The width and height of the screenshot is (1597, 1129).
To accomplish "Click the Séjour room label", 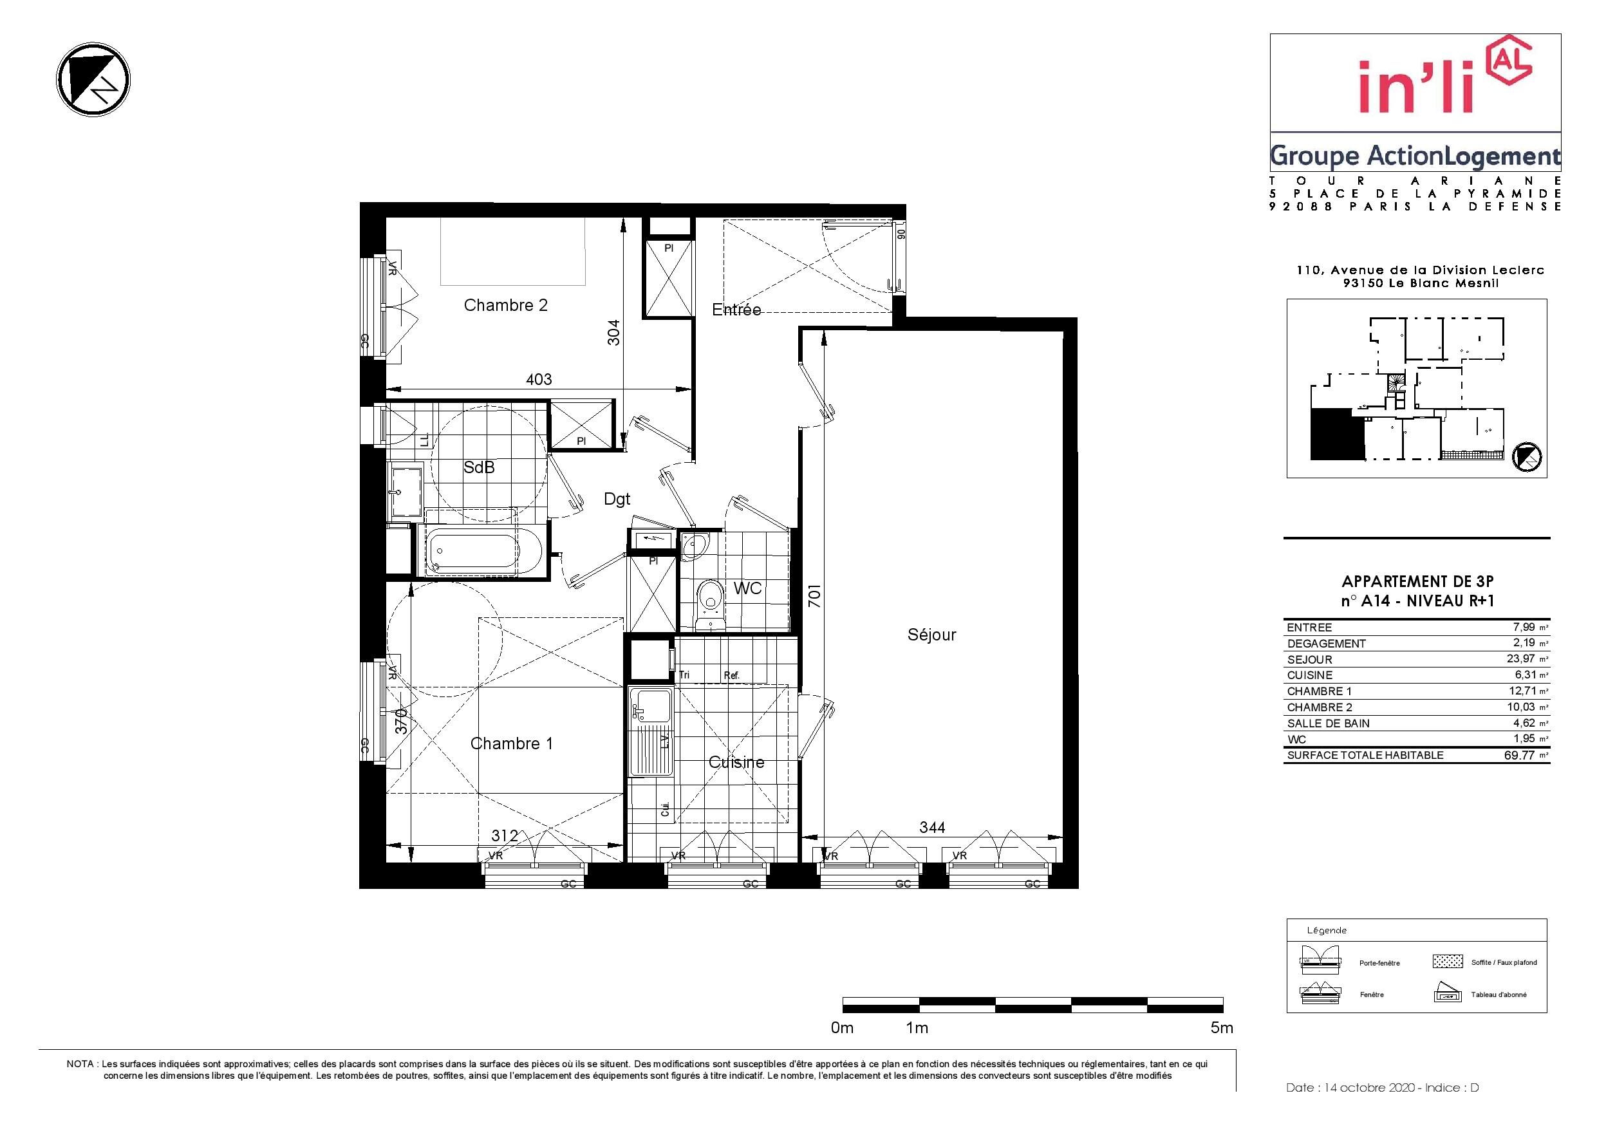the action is tap(931, 635).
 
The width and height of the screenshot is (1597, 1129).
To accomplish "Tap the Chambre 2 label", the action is tap(506, 304).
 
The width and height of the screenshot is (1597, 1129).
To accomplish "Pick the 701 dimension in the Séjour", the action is tap(814, 595).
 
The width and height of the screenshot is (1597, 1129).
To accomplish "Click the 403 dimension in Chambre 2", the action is tap(539, 379).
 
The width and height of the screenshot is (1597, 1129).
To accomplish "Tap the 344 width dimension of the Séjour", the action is tap(933, 827).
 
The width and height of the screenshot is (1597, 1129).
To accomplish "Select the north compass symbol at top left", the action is tap(93, 80).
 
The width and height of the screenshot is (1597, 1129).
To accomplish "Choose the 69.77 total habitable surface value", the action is tap(1519, 755).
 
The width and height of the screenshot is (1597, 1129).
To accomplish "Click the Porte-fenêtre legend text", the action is tap(1379, 963).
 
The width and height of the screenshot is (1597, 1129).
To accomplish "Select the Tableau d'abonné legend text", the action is tap(1499, 994).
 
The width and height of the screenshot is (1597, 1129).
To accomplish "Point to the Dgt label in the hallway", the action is tap(617, 499).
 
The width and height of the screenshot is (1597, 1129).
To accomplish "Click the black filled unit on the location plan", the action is tap(1336, 434).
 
